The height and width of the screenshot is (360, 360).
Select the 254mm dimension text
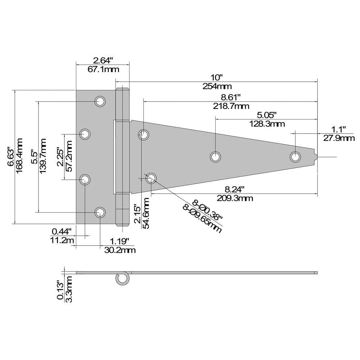point(217,86)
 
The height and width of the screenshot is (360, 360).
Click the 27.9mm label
point(338,138)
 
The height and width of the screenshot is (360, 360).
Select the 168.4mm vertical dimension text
point(20,155)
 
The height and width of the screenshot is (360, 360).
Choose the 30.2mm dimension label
point(120,250)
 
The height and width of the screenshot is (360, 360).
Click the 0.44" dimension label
point(62,231)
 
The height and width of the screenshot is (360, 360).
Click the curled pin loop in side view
point(122,278)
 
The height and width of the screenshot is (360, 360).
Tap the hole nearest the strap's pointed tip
point(295,157)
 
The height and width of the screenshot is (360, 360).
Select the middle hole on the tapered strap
point(215,157)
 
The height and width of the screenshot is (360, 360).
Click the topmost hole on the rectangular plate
point(100,101)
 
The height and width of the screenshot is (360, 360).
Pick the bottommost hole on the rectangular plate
point(100,212)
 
